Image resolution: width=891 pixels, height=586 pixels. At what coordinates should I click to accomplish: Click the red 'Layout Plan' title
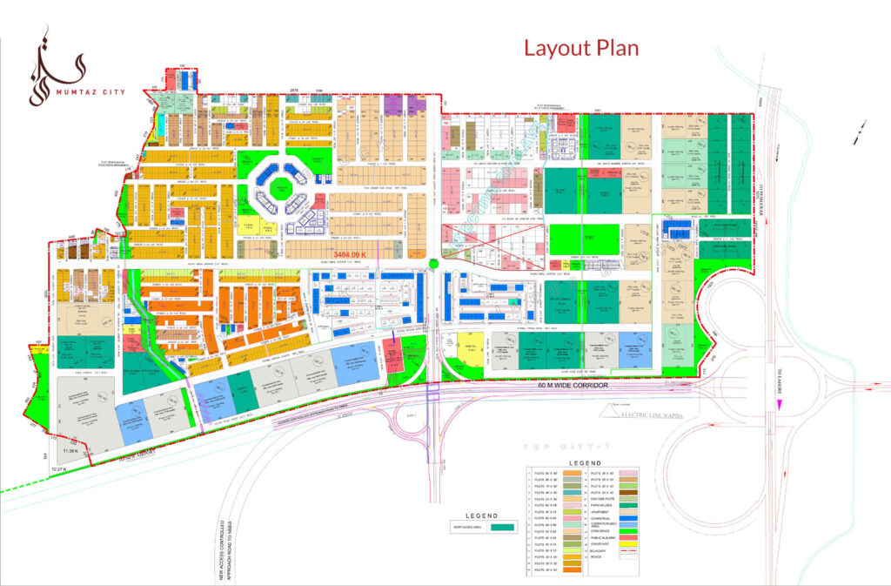580,48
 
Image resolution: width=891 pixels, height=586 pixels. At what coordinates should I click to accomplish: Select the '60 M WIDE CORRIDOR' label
572,385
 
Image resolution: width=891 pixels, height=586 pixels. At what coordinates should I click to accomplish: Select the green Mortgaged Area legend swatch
503,527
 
